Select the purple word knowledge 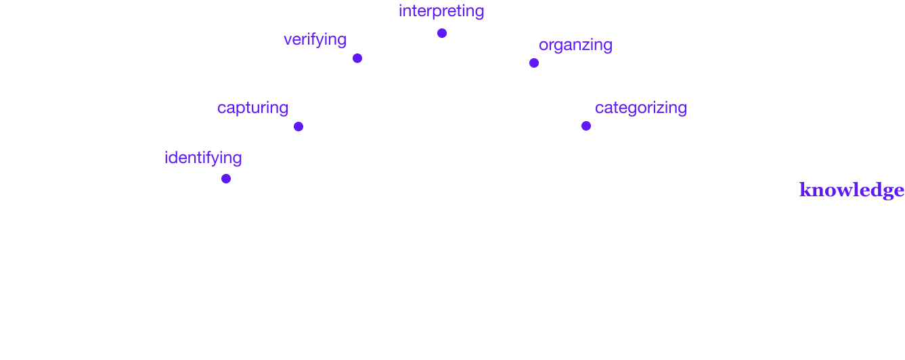tap(852, 190)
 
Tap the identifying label tap(203, 158)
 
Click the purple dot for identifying tap(226, 179)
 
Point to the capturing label tap(252, 108)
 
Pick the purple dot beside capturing tap(299, 127)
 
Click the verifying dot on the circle tap(357, 58)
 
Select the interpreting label tap(441, 11)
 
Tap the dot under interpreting tap(442, 32)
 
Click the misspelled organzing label tap(575, 45)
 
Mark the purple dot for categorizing tap(586, 126)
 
